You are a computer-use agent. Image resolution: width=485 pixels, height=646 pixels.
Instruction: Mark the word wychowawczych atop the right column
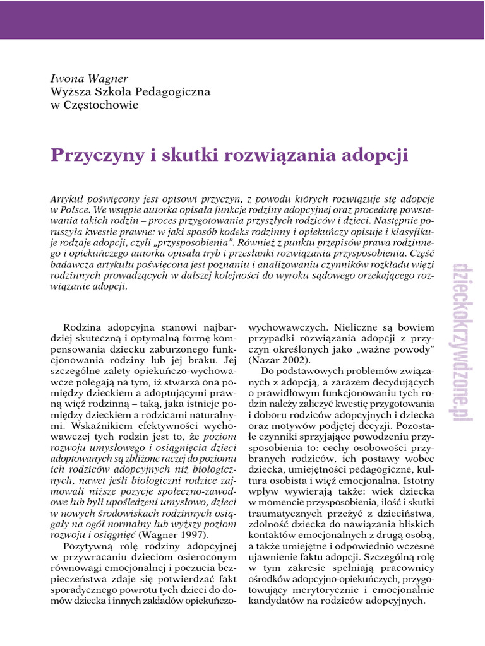tap(288, 328)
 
